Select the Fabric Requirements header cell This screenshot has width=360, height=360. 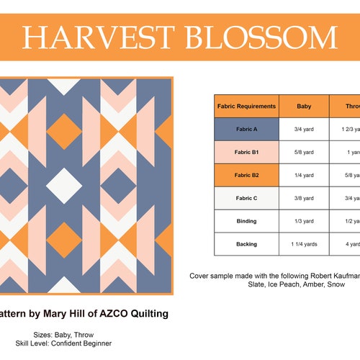[x=246, y=106]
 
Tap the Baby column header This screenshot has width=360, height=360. [x=304, y=106]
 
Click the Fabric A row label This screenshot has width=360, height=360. [x=246, y=129]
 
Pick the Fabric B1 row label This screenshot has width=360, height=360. [x=246, y=152]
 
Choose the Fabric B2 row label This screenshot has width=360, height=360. [x=246, y=175]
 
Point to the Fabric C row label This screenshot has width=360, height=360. [x=246, y=198]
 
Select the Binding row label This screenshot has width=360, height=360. [x=246, y=221]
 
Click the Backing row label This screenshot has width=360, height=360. [x=246, y=244]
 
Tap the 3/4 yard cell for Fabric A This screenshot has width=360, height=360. [x=304, y=129]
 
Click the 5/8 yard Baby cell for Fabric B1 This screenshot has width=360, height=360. [x=304, y=152]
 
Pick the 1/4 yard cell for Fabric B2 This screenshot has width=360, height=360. [x=304, y=175]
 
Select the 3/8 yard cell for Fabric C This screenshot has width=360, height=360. [x=304, y=198]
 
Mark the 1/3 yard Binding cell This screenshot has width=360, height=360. [x=304, y=221]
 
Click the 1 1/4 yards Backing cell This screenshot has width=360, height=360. [x=304, y=244]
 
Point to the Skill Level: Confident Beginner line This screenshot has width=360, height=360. [x=72, y=343]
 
